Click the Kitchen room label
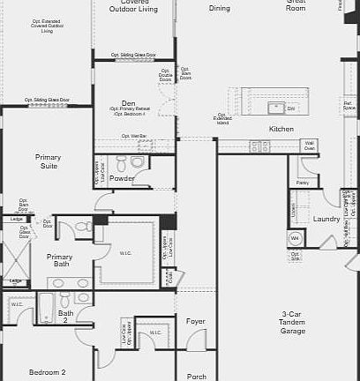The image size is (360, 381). (281, 130)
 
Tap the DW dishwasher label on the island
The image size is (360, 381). (291, 108)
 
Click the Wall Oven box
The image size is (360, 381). (309, 146)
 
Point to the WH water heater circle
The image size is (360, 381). (296, 238)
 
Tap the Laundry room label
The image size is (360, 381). (326, 219)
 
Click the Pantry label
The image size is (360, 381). (303, 183)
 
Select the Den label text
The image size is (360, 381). (129, 103)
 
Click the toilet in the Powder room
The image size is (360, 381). (136, 162)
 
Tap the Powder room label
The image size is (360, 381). (122, 179)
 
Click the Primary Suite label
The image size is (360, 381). (48, 161)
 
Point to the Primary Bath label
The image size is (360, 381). (60, 260)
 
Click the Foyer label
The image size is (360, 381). (196, 322)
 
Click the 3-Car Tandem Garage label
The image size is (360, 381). (293, 323)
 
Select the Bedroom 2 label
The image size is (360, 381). (47, 373)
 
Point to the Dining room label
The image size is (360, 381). (219, 8)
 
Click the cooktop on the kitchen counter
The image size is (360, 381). (259, 146)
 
